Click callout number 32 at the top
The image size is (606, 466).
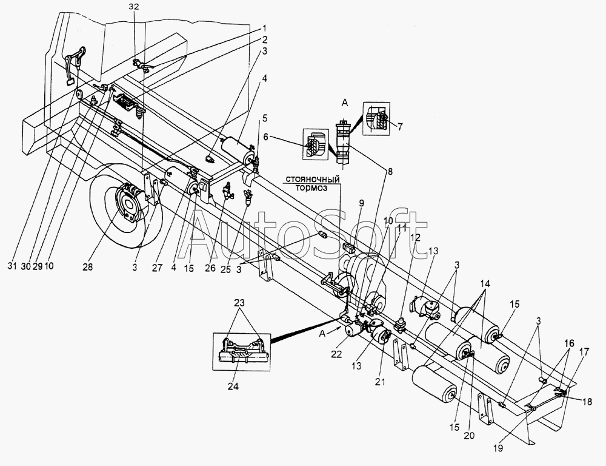[135, 7]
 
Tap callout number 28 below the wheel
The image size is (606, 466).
[88, 266]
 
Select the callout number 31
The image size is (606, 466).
[13, 266]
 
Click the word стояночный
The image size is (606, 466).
[313, 180]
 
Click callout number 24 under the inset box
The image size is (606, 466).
[234, 386]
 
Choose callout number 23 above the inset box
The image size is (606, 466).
[239, 302]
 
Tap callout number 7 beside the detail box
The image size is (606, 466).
[400, 126]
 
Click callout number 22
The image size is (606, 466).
[336, 354]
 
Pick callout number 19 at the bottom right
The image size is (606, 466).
[499, 448]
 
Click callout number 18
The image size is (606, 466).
[587, 402]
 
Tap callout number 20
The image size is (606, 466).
[469, 436]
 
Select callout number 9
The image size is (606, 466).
[361, 203]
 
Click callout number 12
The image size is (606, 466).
[416, 237]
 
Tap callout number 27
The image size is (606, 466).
[158, 267]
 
